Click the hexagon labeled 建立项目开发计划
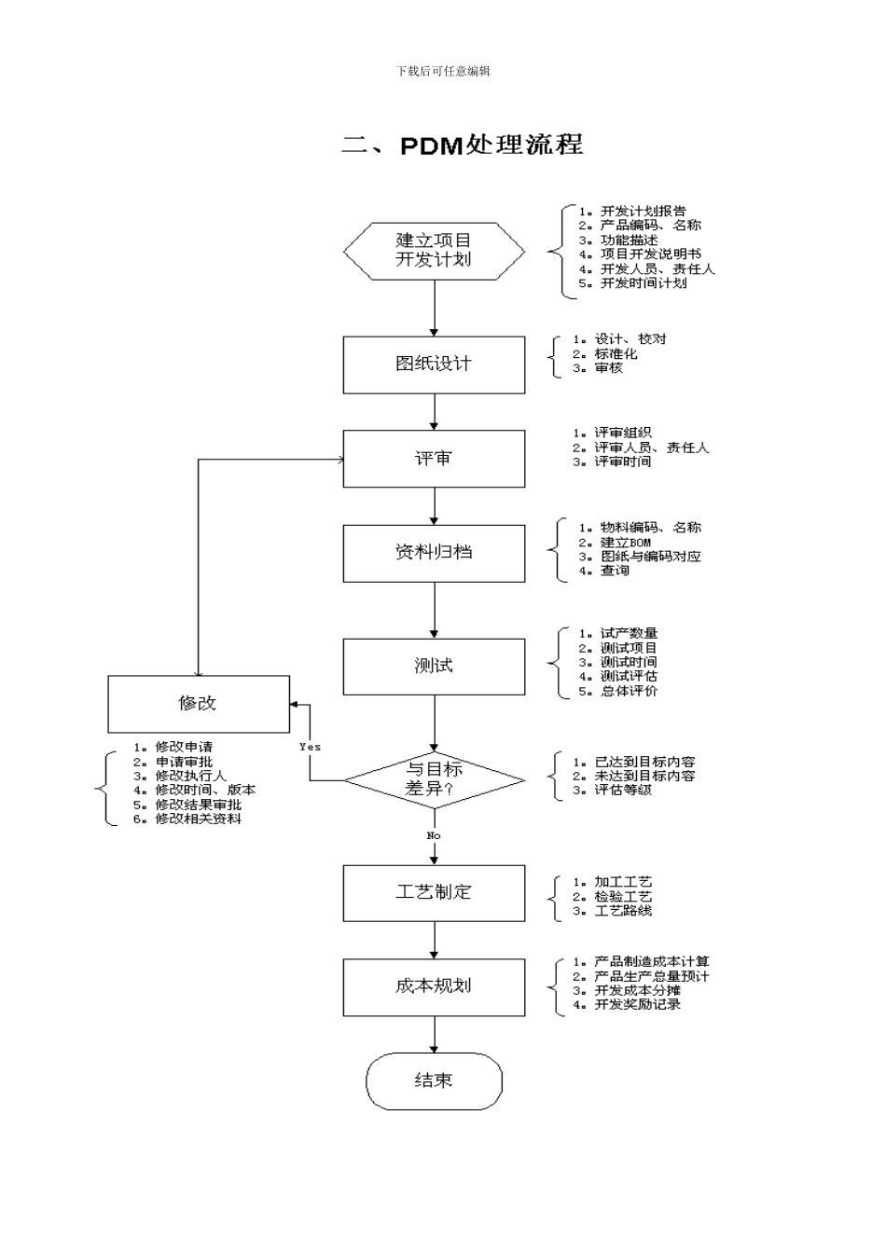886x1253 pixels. coord(434,251)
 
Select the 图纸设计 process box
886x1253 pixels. coord(434,365)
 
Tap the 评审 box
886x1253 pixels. coord(434,459)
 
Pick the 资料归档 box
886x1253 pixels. coord(434,553)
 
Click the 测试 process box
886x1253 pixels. coord(434,666)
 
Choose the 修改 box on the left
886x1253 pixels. coord(199,704)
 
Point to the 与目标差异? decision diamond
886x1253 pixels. coord(434,779)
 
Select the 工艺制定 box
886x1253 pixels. coord(434,892)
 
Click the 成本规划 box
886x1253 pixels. coord(434,986)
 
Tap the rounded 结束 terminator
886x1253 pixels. coord(434,1081)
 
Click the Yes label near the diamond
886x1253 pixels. coord(310,747)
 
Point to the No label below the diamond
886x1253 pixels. coord(434,835)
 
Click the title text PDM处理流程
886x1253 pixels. coord(463,145)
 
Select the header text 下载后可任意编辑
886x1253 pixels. coord(443,71)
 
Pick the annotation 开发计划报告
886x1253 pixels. coord(643,211)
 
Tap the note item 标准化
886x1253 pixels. coord(616,353)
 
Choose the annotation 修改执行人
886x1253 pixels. coord(190,776)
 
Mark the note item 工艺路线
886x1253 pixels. coord(623,910)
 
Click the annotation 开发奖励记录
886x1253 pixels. coord(637,1004)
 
